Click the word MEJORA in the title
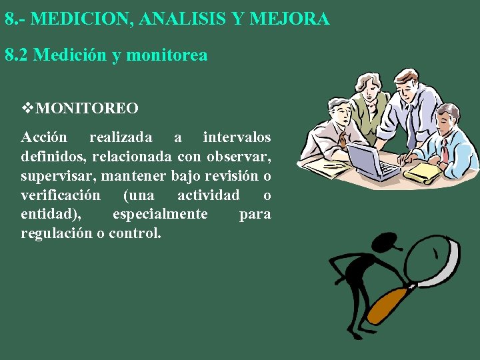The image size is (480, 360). tap(299, 19)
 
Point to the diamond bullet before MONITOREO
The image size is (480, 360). tap(27, 107)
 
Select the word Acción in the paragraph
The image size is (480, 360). tap(44, 137)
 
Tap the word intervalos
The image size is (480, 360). tap(237, 137)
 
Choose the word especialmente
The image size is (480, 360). tap(160, 215)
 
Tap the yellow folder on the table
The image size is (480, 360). tap(424, 173)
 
